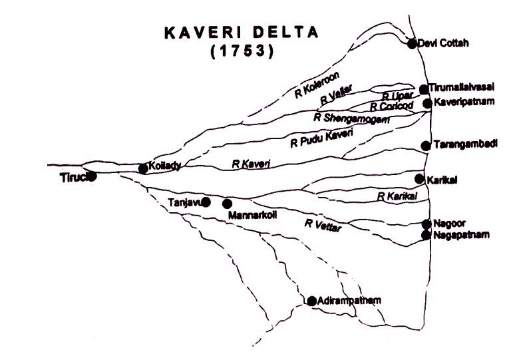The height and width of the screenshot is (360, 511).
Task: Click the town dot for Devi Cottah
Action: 412,43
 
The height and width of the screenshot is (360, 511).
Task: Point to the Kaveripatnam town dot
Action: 427,103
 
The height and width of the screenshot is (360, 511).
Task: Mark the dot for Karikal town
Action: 419,178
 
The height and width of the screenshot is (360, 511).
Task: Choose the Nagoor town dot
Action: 427,224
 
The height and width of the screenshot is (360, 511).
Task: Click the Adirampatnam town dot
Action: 311,301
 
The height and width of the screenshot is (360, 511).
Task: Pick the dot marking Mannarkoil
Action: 227,204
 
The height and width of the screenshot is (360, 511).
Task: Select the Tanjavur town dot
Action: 206,201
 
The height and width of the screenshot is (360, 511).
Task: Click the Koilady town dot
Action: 142,168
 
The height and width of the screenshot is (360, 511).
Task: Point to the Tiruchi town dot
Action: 92,176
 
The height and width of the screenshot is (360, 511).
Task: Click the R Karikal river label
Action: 397,196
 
